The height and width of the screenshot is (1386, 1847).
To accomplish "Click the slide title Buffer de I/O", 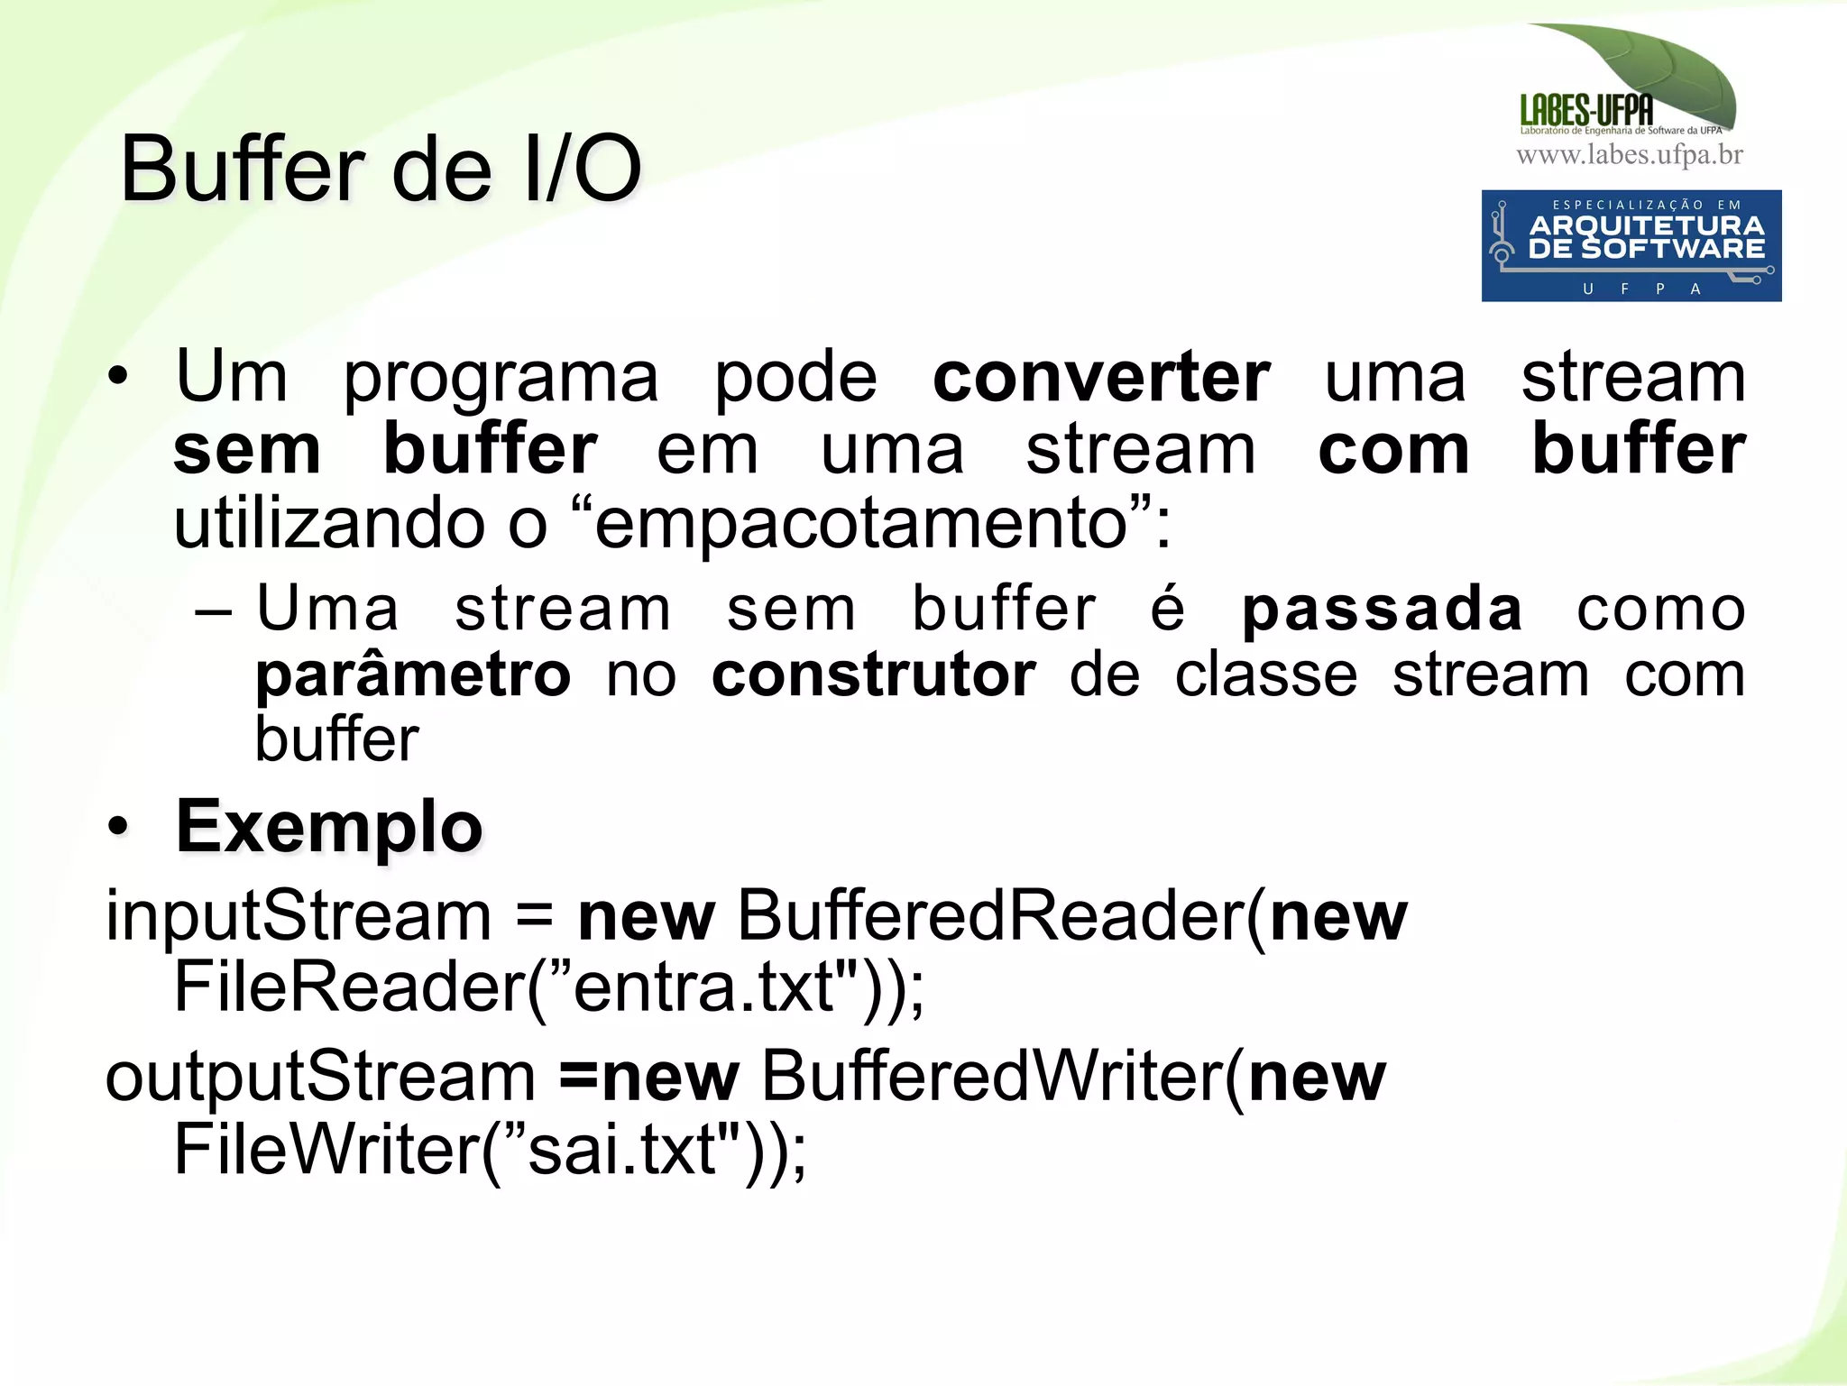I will [381, 170].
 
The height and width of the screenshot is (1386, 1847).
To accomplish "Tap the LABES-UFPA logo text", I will [1586, 110].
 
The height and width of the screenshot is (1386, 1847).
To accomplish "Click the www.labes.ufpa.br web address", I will [1630, 155].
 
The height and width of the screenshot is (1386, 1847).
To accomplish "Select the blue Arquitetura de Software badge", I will [1631, 245].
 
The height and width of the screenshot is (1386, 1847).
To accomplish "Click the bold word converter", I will [1101, 377].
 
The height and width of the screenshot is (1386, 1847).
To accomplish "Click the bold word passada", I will [1382, 610].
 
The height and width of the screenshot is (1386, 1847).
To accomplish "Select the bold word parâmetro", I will [413, 676].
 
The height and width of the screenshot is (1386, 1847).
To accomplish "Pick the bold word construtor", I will [874, 675].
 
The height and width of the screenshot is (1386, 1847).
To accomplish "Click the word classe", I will [1265, 675].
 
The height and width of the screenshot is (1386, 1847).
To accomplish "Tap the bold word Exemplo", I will [329, 827].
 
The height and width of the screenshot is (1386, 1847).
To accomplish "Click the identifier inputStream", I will [299, 916].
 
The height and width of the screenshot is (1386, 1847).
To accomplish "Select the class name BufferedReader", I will [991, 916].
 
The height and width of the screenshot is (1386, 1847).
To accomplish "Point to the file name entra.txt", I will [703, 987].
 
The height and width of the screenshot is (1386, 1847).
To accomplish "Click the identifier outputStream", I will [320, 1077].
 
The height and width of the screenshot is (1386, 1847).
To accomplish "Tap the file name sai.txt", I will [621, 1150].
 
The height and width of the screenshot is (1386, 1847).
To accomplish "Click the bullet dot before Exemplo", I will [117, 826].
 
